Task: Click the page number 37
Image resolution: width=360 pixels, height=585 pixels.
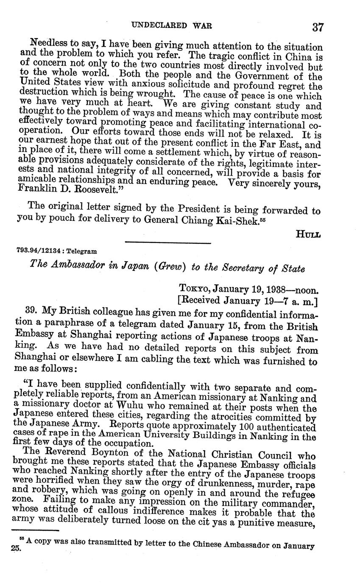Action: point(318,28)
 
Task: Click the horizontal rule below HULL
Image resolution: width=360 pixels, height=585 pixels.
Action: point(168,243)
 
